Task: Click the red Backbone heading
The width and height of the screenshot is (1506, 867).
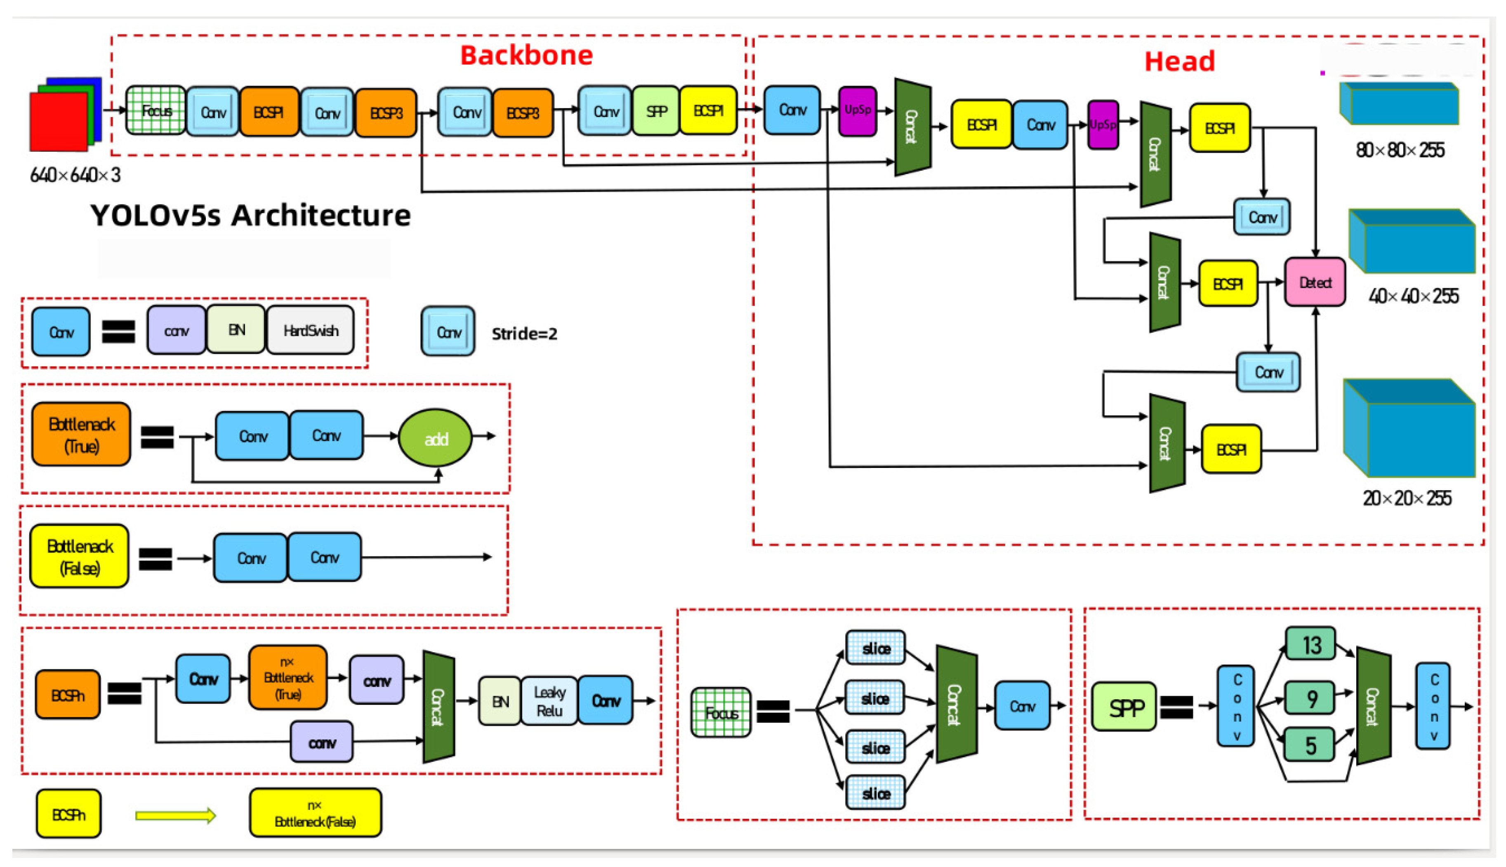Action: pyautogui.click(x=527, y=55)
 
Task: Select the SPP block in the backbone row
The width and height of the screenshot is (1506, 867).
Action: pyautogui.click(x=656, y=111)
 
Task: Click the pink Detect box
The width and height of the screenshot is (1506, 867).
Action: pyautogui.click(x=1314, y=282)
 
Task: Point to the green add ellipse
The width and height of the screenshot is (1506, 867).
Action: pyautogui.click(x=436, y=438)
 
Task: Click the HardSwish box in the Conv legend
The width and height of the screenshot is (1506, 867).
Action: pyautogui.click(x=310, y=331)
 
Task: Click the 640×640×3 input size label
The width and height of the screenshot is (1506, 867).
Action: pyautogui.click(x=75, y=175)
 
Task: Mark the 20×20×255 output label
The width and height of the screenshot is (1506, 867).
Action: pyautogui.click(x=1407, y=498)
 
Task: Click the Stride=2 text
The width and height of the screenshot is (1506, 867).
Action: pyautogui.click(x=524, y=334)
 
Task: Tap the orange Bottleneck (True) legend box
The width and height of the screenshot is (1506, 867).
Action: pyautogui.click(x=81, y=435)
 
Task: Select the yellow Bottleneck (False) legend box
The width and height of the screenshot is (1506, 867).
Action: pyautogui.click(x=79, y=557)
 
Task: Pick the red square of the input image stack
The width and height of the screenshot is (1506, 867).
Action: pyautogui.click(x=59, y=122)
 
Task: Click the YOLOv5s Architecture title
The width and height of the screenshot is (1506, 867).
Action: pyautogui.click(x=250, y=215)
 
